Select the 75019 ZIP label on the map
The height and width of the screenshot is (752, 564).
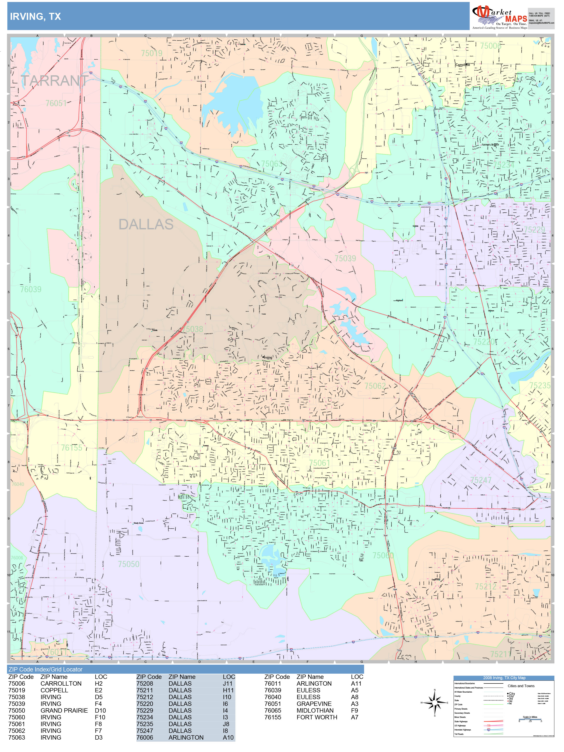[x=152, y=53]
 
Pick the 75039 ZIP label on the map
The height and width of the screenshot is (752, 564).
[x=345, y=258]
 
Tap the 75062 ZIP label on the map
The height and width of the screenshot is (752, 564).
[x=375, y=386]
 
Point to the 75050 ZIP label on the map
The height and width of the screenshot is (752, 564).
[x=129, y=564]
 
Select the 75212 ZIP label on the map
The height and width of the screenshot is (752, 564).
[x=485, y=586]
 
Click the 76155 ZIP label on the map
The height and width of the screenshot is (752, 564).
[x=71, y=448]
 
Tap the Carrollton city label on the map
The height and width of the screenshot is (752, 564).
[x=462, y=65]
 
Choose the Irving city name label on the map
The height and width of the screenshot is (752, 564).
[x=268, y=357]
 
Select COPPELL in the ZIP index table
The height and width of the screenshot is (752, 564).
[x=54, y=690]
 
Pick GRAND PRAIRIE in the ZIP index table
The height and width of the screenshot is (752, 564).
[x=64, y=710]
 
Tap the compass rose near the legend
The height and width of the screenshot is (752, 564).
[x=435, y=702]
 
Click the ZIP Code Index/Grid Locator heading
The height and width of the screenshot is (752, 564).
[x=45, y=669]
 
